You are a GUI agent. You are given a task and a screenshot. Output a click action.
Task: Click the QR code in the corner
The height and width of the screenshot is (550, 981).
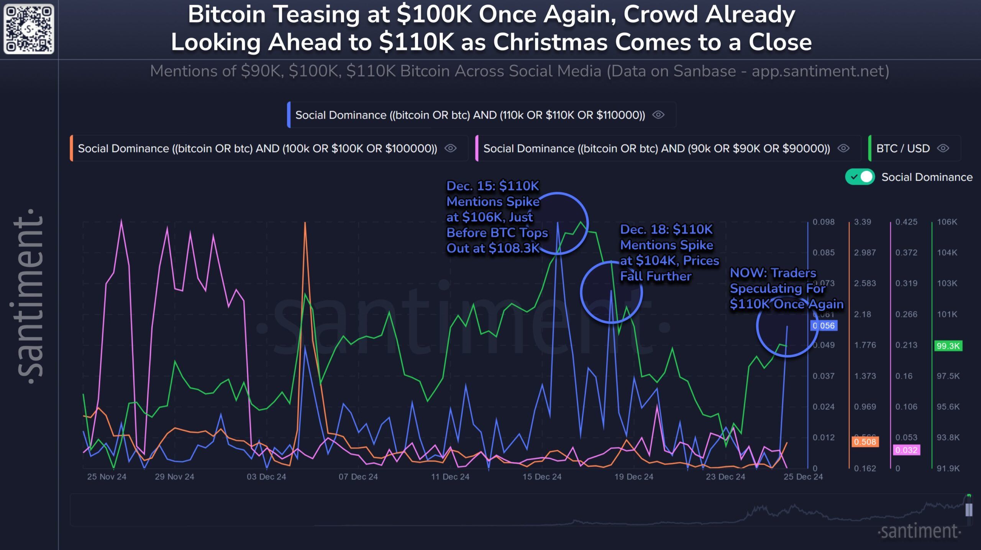click(x=29, y=29)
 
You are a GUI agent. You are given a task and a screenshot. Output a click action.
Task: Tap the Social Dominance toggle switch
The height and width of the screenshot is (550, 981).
click(x=860, y=177)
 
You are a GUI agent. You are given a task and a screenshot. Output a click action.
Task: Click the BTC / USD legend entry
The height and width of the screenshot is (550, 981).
click(x=903, y=148)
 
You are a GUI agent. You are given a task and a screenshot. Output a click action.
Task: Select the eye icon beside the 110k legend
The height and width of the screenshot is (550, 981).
click(x=658, y=115)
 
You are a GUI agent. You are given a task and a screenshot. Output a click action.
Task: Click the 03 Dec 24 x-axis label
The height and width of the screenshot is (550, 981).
click(x=266, y=477)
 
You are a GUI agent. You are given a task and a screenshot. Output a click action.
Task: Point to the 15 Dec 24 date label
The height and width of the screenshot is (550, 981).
click(x=542, y=477)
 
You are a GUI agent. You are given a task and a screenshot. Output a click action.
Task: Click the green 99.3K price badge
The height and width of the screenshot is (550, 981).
click(x=948, y=346)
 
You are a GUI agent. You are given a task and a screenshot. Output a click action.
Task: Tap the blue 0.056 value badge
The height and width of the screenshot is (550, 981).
click(x=824, y=325)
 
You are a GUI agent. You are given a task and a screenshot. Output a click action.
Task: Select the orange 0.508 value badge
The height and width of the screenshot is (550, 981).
click(x=865, y=442)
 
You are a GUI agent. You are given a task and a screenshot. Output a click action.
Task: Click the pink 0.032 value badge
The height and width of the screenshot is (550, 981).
click(x=906, y=450)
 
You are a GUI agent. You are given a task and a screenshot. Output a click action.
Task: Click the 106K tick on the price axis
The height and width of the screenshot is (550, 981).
click(x=947, y=222)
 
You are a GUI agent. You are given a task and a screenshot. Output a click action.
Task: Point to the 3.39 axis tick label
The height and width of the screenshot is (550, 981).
click(x=863, y=222)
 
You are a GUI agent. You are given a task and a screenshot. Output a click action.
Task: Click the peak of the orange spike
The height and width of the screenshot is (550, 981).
click(x=305, y=223)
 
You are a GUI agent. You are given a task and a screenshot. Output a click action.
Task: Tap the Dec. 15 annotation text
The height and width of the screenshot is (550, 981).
click(x=497, y=217)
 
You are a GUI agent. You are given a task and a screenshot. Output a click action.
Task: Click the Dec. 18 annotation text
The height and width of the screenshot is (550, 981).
click(x=669, y=253)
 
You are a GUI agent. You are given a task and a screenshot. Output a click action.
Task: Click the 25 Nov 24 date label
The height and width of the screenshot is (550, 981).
click(x=107, y=477)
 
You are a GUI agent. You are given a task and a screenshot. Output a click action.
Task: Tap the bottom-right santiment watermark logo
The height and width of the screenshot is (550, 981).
click(x=919, y=531)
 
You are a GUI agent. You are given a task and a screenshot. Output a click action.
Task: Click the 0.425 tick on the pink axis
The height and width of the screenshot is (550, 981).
click(x=906, y=222)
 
